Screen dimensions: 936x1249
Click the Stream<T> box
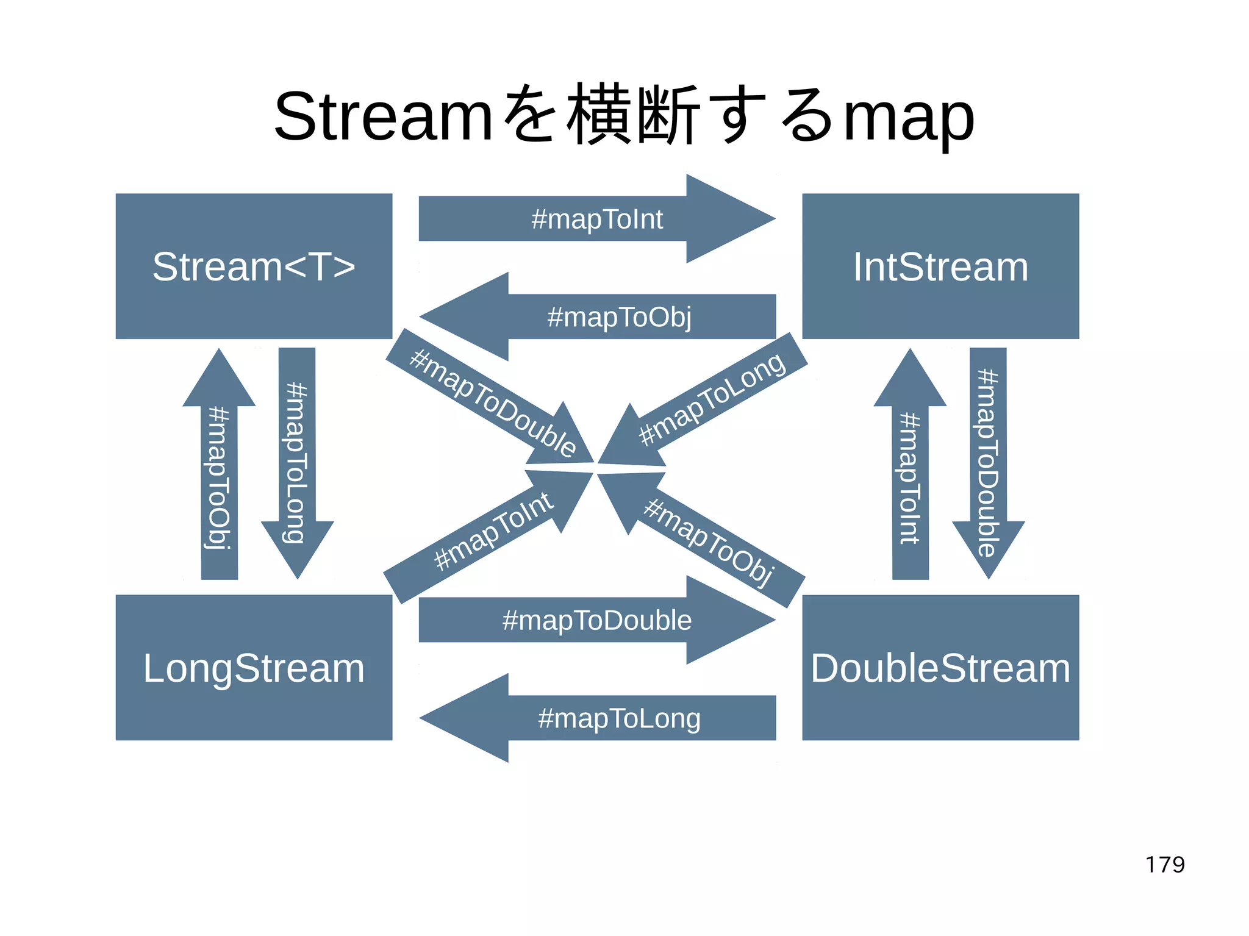(x=254, y=266)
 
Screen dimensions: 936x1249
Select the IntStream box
(x=940, y=266)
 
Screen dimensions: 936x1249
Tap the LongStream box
(x=254, y=668)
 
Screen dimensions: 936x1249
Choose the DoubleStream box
(x=940, y=668)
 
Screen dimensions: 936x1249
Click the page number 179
(x=1165, y=865)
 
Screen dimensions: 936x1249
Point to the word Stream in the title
(x=383, y=116)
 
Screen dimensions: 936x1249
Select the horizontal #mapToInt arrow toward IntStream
(x=596, y=219)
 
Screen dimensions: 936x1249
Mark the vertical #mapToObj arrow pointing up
(x=219, y=476)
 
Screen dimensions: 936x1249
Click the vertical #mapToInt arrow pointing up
(x=910, y=476)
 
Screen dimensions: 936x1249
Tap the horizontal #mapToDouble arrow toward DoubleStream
(x=596, y=620)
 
